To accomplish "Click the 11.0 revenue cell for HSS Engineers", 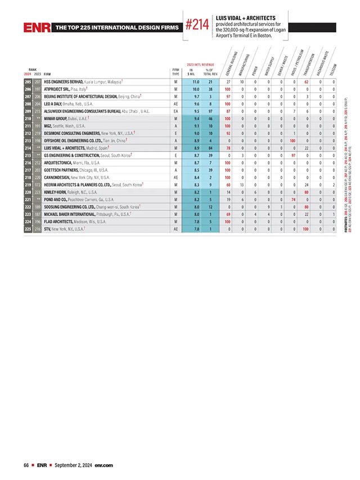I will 196,82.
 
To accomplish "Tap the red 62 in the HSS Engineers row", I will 307,82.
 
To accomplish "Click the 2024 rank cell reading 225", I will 28,228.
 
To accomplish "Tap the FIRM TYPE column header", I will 176,71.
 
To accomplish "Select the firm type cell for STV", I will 176,228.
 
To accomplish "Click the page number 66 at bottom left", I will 26,465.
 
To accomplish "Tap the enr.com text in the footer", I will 103,465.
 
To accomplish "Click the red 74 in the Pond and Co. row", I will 294,199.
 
